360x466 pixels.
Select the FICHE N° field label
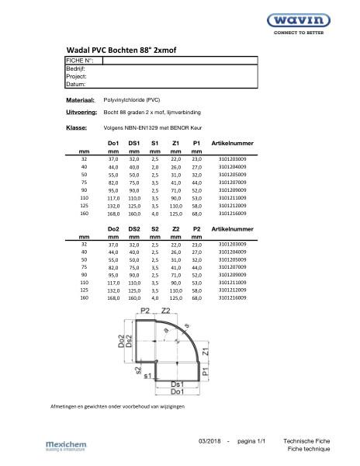(x=80, y=61)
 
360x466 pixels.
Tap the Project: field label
(x=76, y=77)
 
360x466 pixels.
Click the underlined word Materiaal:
(x=80, y=101)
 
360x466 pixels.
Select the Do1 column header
(x=112, y=144)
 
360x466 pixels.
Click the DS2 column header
(x=134, y=230)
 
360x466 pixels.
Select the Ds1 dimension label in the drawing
(x=177, y=384)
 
